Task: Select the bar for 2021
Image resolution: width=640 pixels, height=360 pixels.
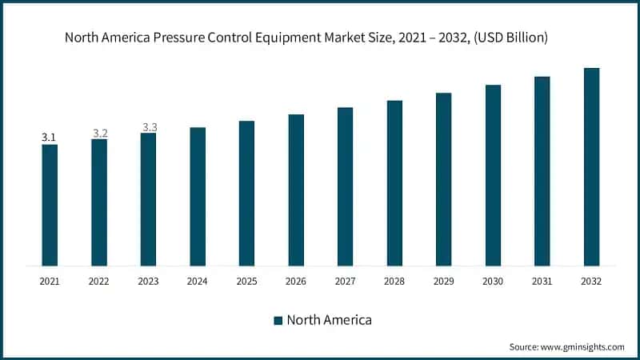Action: tap(50, 205)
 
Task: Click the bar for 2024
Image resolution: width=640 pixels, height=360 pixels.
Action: tap(198, 196)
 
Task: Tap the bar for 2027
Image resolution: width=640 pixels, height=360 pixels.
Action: tap(345, 186)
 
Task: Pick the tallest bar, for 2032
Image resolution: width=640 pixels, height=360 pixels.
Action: tap(591, 166)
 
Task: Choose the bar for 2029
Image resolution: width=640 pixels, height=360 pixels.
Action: tap(443, 179)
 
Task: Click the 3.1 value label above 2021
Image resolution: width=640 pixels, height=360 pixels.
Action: tap(50, 138)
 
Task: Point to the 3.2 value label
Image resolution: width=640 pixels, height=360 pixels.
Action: tap(100, 133)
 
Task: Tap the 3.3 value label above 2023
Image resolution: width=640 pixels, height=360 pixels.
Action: tap(150, 127)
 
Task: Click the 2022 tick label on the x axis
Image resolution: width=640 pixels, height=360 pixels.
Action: tap(99, 282)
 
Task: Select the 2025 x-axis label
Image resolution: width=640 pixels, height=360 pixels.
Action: tap(246, 282)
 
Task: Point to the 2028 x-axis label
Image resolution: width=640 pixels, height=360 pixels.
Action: tap(394, 282)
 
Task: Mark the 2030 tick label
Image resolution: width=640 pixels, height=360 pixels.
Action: tap(493, 282)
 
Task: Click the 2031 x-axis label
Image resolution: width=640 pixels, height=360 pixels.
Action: tap(542, 282)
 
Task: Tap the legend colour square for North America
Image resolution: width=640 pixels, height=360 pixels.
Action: tap(278, 320)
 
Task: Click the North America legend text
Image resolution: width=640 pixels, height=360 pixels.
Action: tap(330, 320)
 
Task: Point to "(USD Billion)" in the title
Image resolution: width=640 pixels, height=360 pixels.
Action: tap(510, 37)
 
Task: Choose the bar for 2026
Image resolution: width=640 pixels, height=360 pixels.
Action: tap(296, 190)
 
